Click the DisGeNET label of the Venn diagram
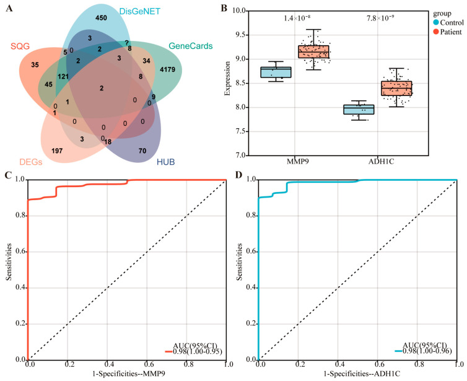pos(140,11)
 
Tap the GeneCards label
pos(191,46)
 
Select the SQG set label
pos(20,46)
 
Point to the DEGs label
pos(31,162)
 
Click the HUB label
pos(165,162)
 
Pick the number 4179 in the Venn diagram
pos(167,69)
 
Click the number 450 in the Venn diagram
pos(101,18)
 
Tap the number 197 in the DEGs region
pos(57,151)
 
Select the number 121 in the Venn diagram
pos(63,77)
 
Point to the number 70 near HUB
pos(142,151)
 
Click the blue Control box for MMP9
pos(276,72)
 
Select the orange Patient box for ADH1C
pos(396,88)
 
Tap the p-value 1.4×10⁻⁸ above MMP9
pos(297,18)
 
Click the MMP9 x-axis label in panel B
pos(298,162)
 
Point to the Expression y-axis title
pos(227,78)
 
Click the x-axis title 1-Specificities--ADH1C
pos(362,374)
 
